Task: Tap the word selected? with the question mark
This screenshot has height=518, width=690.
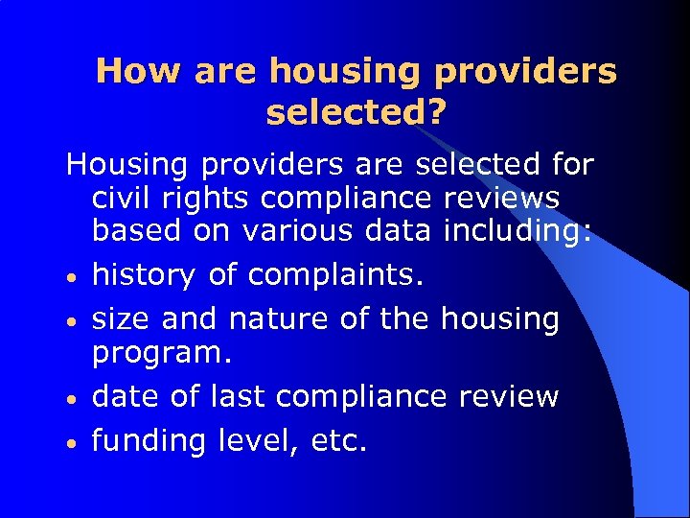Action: (x=356, y=112)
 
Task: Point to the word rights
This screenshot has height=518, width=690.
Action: (x=208, y=199)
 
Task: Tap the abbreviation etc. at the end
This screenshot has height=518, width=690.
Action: (x=339, y=440)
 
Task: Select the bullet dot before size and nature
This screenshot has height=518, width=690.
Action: (x=71, y=321)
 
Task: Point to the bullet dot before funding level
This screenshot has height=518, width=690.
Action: (x=71, y=443)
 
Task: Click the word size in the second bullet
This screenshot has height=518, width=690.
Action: (x=121, y=318)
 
